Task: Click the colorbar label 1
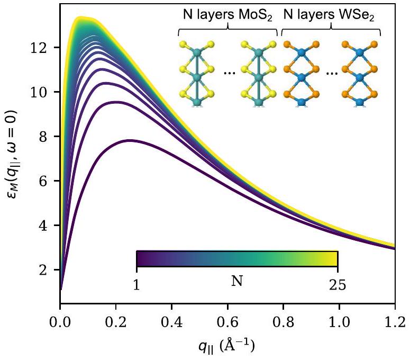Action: coord(136,285)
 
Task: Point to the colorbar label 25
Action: coord(338,285)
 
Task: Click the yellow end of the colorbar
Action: coord(333,258)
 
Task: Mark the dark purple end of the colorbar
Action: coord(140,258)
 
